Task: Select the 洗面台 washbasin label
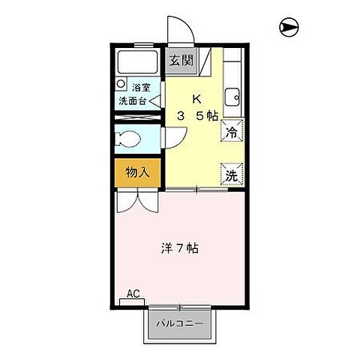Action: click(x=132, y=100)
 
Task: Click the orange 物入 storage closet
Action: click(x=137, y=172)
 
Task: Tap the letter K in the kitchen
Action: click(x=196, y=99)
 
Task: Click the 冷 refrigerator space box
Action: click(x=232, y=131)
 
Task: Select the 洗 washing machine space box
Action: click(x=232, y=174)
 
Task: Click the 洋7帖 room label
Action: click(x=181, y=248)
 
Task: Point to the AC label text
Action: click(x=133, y=292)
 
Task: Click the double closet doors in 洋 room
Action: click(x=139, y=200)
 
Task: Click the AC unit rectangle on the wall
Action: click(x=133, y=302)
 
